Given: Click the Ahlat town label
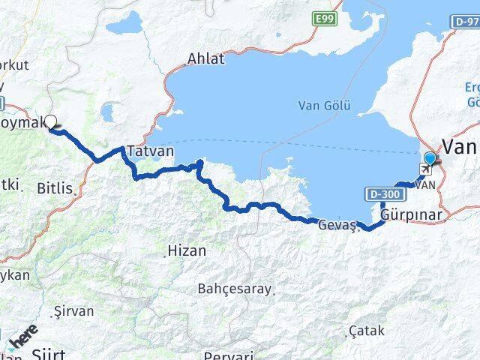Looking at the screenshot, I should point(206,58).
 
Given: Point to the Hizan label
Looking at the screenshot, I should point(187,251).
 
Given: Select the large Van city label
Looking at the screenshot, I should point(461,145).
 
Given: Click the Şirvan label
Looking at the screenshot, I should point(74,310).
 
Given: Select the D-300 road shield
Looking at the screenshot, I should point(385,194).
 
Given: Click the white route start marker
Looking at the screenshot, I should point(51,121).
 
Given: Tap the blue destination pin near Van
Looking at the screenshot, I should point(430,158).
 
